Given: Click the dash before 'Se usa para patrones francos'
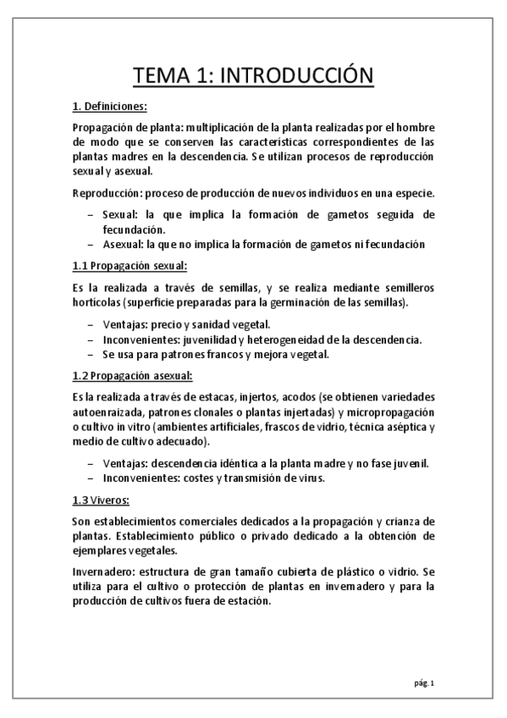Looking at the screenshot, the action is [91, 355].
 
